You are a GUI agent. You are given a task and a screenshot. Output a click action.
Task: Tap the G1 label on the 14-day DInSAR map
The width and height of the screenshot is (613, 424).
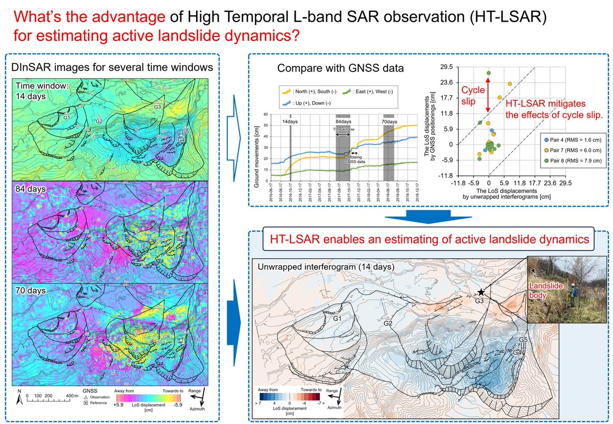[x=66, y=118]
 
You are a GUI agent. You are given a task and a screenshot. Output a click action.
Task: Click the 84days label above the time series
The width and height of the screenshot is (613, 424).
[x=342, y=122]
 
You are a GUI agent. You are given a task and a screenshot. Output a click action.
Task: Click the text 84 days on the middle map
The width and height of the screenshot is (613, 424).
[x=31, y=189]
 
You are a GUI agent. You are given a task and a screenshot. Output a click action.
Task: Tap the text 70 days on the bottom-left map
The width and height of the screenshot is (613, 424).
[x=31, y=291]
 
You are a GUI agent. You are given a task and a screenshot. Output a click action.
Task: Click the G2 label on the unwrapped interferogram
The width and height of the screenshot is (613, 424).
[x=388, y=323]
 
